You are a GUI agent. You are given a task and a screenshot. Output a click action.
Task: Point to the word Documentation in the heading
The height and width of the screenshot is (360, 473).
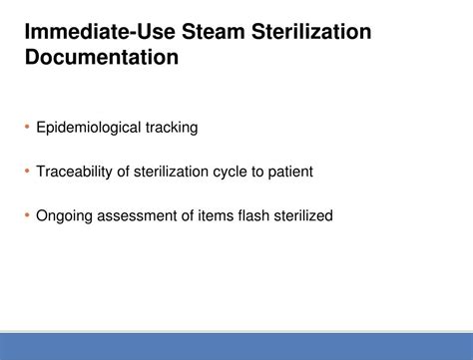(102, 58)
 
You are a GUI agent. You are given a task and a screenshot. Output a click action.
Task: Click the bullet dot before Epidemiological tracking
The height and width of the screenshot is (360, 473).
(27, 128)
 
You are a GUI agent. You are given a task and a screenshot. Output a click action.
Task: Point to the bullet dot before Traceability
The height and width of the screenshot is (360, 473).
(27, 172)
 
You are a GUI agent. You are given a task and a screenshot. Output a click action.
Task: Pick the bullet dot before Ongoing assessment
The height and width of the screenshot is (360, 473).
(27, 215)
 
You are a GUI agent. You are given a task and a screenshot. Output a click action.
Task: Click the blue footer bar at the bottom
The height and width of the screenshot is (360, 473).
(236, 346)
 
